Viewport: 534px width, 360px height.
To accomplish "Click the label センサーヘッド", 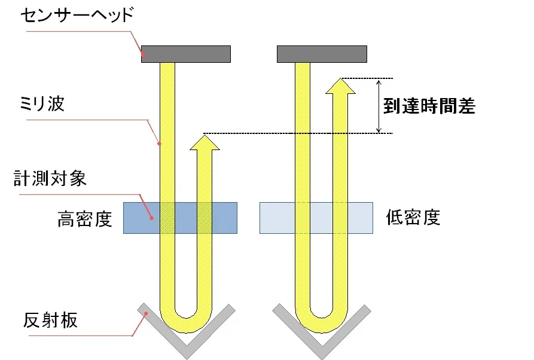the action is point(77,16).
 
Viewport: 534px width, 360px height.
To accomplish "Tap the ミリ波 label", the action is point(42,103).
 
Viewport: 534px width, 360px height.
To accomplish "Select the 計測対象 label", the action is point(50,178).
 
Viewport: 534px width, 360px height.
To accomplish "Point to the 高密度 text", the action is point(85,219).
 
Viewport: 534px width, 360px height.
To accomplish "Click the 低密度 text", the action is point(413,217).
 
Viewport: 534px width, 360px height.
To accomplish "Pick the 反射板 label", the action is point(50,320).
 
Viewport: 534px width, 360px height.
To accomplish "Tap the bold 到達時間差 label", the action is point(429,106).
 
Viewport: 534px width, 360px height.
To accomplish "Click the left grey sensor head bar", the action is point(186,54).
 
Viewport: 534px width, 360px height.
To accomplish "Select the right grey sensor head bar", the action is point(322,54).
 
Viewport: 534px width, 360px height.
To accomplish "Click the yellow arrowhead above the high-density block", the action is point(205,143).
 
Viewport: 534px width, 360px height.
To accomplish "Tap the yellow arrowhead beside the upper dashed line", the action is point(341,86).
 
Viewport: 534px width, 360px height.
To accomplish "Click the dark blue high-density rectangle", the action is point(180,218).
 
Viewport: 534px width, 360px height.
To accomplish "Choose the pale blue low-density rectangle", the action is point(316,218).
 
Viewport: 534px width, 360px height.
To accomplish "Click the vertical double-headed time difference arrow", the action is point(379,106).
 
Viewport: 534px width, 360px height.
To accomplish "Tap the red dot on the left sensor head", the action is point(144,54).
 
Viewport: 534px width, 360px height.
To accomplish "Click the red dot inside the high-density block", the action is point(152,218).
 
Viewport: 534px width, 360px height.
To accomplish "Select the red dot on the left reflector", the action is point(146,313).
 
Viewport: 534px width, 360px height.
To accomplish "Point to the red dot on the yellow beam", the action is point(159,144).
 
